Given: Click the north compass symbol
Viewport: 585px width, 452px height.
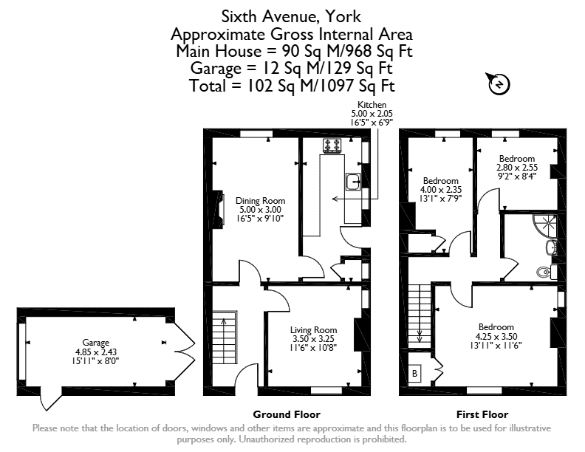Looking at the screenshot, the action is [x=499, y=84].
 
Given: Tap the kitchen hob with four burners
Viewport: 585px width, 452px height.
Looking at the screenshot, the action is [x=332, y=145].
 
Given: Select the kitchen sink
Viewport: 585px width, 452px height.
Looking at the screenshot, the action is [x=353, y=182].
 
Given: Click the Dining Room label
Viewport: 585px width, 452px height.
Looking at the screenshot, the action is [x=260, y=201].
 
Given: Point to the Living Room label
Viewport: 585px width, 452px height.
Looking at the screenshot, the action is [x=313, y=330].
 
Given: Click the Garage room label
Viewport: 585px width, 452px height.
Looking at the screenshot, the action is [x=96, y=343].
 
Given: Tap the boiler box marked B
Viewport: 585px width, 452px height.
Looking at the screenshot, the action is [x=414, y=373].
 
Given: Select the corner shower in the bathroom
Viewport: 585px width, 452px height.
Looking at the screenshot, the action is [x=545, y=226].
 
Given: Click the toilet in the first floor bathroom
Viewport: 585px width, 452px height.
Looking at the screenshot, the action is [x=547, y=272].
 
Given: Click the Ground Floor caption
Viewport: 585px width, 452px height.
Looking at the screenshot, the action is [x=287, y=414].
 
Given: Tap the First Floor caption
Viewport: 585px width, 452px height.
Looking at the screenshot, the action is [x=482, y=414].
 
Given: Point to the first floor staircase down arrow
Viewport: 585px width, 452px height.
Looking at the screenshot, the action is [x=420, y=328].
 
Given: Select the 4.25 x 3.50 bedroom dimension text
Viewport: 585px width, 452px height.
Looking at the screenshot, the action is [x=496, y=336].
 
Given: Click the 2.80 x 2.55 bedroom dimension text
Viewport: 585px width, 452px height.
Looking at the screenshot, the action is [x=517, y=168].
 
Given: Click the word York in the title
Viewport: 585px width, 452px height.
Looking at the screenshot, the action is [x=343, y=17].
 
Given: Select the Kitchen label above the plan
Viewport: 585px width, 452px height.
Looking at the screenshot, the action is [x=372, y=105].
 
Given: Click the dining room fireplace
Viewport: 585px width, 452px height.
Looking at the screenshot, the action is [x=219, y=208].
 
